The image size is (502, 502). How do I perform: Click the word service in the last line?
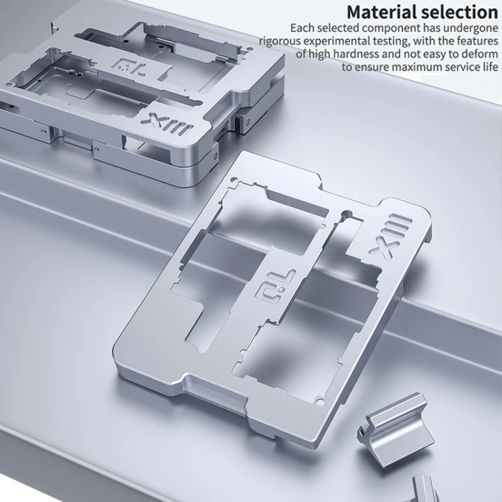point(457,67)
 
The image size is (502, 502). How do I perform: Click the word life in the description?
point(489,67)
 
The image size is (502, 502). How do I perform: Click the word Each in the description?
point(301,28)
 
